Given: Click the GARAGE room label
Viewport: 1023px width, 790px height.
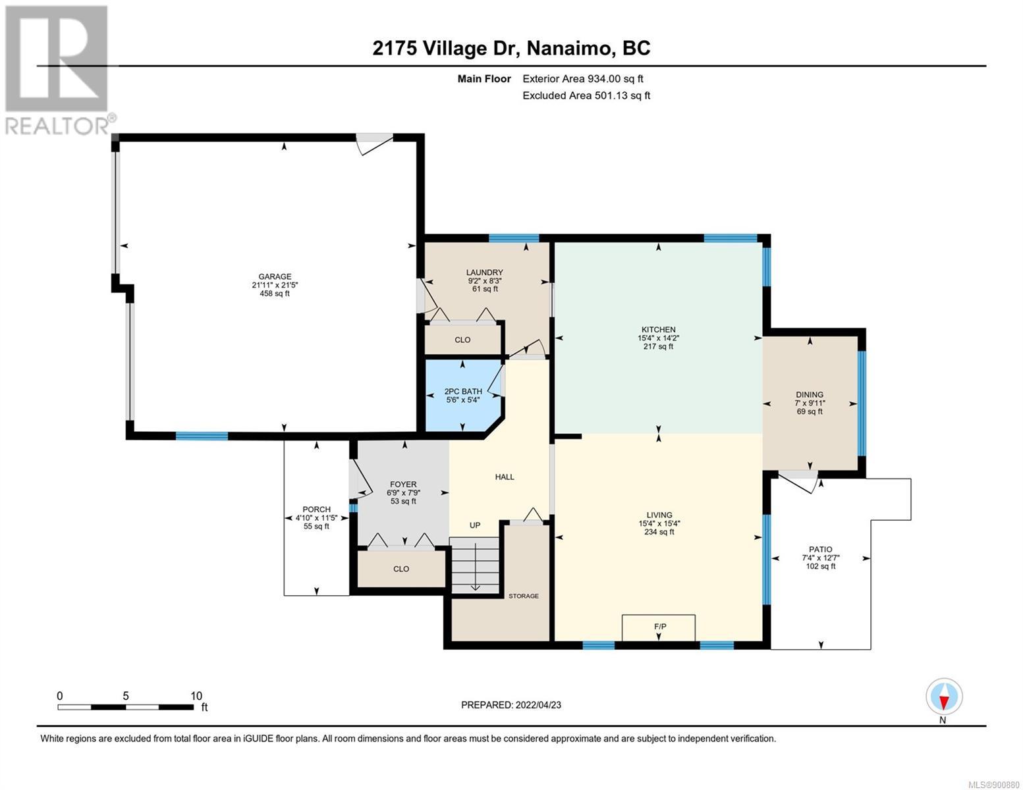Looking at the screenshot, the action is pyautogui.click(x=275, y=276).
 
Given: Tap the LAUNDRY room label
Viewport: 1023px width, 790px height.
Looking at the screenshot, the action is pyautogui.click(x=484, y=273).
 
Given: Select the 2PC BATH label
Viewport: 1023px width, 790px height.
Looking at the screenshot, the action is pyautogui.click(x=463, y=391).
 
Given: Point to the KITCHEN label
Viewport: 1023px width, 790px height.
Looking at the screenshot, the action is pyautogui.click(x=658, y=329).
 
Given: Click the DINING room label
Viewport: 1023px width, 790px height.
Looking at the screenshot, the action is pyautogui.click(x=810, y=394).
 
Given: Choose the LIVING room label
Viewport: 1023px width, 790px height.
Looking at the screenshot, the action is pyautogui.click(x=659, y=515).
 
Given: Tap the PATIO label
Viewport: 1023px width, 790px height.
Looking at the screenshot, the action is pyautogui.click(x=821, y=549).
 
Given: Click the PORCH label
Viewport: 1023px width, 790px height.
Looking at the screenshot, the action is pyautogui.click(x=316, y=509).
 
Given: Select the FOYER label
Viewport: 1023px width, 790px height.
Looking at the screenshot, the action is pyautogui.click(x=403, y=484).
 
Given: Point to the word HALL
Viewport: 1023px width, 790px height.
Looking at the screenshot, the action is pyautogui.click(x=504, y=477).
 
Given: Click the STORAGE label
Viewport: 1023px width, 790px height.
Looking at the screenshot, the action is pyautogui.click(x=524, y=596).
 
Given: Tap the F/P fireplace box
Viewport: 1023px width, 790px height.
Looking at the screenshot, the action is pyautogui.click(x=659, y=627).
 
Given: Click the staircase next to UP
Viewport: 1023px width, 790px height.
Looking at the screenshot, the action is pyautogui.click(x=474, y=565).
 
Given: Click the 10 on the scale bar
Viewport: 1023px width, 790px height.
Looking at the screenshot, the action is pyautogui.click(x=196, y=695).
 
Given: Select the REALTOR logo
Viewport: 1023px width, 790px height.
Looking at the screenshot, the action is pyautogui.click(x=58, y=70).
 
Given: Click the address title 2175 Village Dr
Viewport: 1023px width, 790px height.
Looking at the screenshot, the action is pyautogui.click(x=447, y=48).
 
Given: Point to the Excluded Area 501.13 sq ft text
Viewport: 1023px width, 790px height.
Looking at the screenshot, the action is pyautogui.click(x=586, y=95).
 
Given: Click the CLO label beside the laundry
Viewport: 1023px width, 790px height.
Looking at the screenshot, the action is pyautogui.click(x=462, y=340).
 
